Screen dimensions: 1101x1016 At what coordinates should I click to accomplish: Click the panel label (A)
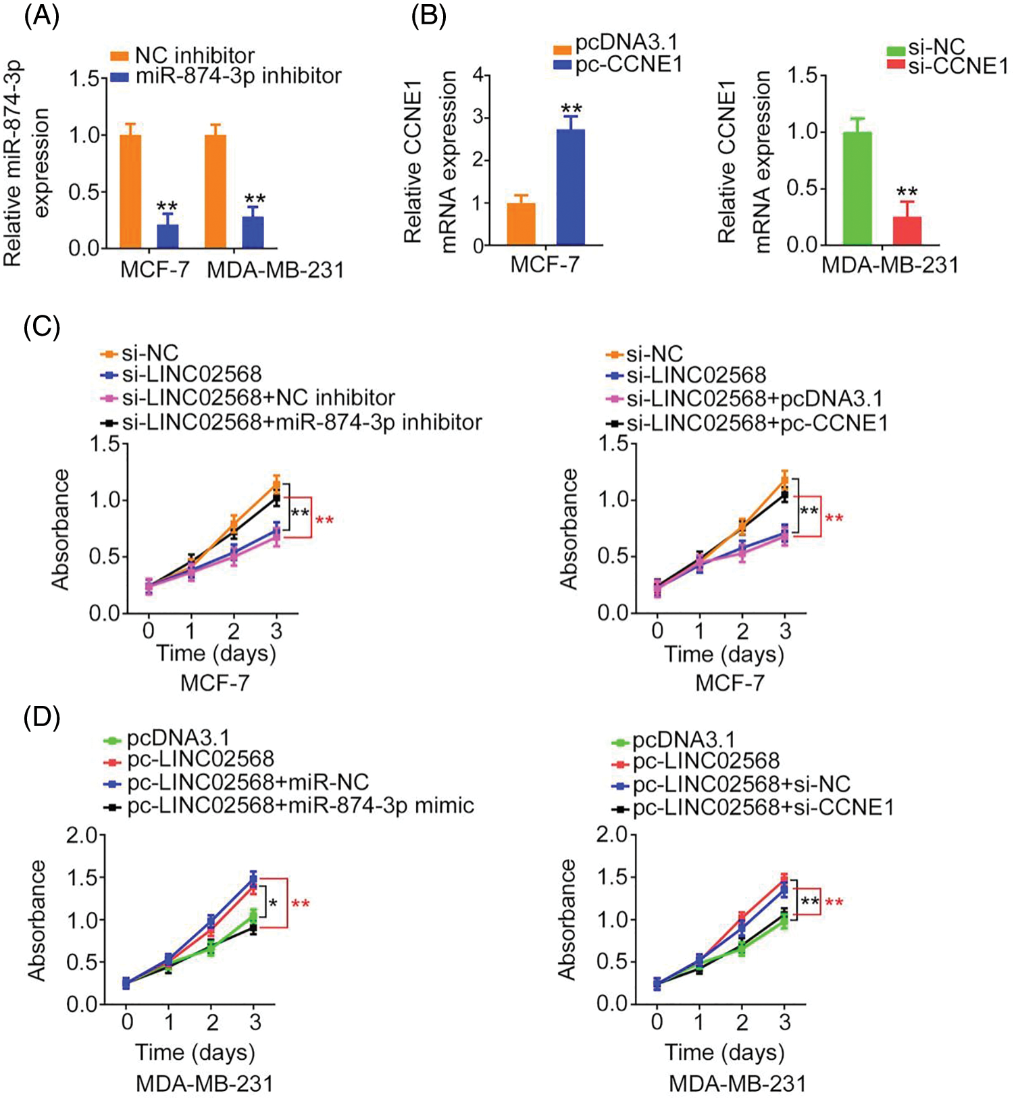tap(42, 16)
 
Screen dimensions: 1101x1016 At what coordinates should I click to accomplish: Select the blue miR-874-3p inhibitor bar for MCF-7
tap(168, 236)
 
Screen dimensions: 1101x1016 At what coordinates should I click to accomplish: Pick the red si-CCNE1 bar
tap(907, 230)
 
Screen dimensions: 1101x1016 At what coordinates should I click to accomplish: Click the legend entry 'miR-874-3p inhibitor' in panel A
tap(238, 76)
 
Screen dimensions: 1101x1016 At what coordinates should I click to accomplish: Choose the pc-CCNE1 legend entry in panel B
tap(628, 64)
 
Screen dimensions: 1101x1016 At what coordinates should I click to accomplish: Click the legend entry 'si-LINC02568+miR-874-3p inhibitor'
tap(301, 422)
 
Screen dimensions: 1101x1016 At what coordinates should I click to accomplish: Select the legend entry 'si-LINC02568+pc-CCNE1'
tap(757, 424)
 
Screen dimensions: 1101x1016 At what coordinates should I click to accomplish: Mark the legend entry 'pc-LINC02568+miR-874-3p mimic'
tap(300, 806)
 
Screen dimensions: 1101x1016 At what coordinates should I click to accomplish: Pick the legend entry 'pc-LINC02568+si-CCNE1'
tap(763, 807)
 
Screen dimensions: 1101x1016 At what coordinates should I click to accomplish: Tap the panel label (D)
tap(42, 717)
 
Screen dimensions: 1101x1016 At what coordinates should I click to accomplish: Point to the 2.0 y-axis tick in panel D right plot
tap(612, 835)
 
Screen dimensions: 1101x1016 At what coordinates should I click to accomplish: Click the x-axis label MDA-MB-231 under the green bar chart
tap(890, 265)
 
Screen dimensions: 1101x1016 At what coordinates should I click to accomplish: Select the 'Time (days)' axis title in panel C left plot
tap(216, 653)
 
